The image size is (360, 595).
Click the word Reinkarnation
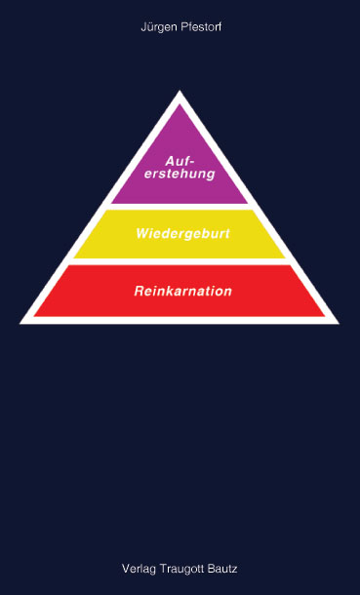coord(182,291)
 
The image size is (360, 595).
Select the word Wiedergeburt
coord(182,235)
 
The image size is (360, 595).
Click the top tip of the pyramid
coord(180,93)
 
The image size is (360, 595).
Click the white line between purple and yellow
coord(180,206)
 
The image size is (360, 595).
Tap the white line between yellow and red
coord(180,261)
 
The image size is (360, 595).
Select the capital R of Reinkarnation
coord(138,291)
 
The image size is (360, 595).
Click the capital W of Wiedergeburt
coord(142,235)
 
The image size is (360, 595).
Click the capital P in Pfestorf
coord(180,28)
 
